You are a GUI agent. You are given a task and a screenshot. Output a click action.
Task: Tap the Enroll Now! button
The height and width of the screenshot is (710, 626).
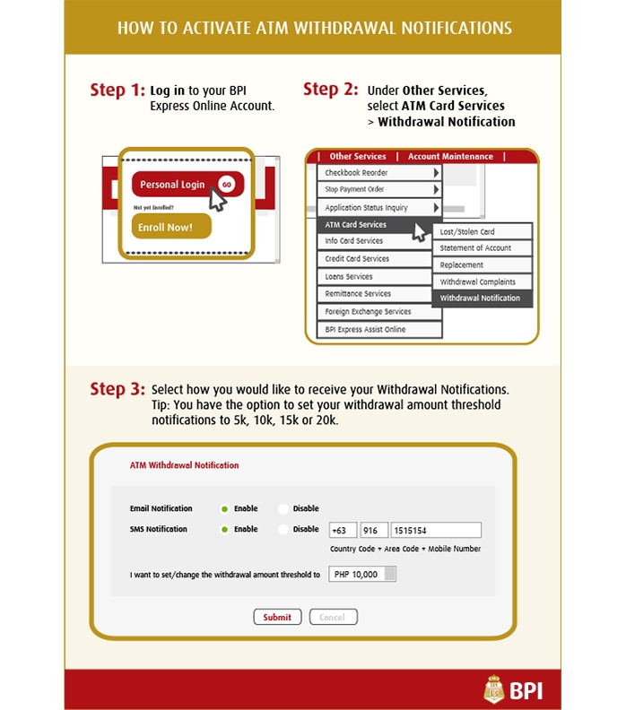(x=171, y=227)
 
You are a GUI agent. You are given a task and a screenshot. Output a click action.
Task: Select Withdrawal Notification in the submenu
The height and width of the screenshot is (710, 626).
(x=482, y=299)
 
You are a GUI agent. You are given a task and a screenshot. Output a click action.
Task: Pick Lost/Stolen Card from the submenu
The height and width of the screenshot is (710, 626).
(x=482, y=232)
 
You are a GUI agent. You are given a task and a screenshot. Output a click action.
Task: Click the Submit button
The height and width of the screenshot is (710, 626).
(x=277, y=617)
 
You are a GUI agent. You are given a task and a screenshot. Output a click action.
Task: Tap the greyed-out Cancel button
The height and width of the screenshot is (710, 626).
(x=333, y=617)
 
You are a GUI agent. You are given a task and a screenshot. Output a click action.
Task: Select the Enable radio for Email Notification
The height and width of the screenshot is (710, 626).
(x=225, y=509)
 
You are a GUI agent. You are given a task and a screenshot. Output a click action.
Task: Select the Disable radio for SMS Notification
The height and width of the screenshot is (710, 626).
(x=284, y=530)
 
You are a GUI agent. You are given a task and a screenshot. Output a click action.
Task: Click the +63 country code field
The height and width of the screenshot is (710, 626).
(x=343, y=530)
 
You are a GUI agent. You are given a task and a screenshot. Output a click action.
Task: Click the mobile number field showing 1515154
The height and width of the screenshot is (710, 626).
(x=436, y=530)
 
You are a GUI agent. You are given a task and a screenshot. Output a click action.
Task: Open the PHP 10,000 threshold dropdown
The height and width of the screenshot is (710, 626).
(x=389, y=575)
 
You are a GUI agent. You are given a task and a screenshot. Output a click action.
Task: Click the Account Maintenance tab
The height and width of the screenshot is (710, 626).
(x=450, y=157)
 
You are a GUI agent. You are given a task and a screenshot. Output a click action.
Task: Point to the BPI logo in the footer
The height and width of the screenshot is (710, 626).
(x=512, y=690)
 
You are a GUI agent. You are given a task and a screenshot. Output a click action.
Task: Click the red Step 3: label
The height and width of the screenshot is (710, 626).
(x=117, y=390)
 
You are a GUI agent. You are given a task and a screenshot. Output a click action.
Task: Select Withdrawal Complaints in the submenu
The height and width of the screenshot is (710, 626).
(x=482, y=281)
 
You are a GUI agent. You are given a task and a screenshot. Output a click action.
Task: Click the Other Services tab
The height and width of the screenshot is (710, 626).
(x=357, y=157)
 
